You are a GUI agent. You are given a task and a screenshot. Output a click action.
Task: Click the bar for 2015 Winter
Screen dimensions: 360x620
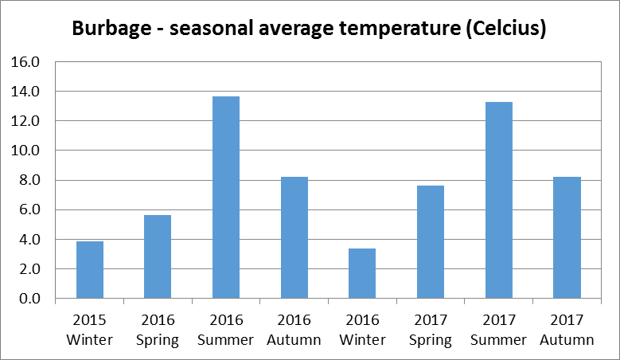click(x=89, y=270)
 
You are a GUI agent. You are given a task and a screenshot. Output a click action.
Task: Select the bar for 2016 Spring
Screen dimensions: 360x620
click(x=158, y=256)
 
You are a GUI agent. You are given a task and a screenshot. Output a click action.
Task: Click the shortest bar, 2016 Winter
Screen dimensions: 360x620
click(x=362, y=273)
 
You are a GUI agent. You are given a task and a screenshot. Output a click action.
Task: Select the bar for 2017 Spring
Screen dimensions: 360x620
click(x=431, y=242)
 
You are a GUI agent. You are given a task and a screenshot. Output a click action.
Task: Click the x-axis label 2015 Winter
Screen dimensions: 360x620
click(x=89, y=331)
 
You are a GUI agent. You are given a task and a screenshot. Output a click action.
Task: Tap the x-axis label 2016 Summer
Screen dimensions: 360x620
click(x=226, y=331)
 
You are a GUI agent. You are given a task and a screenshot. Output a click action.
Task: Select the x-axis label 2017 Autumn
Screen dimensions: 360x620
click(x=567, y=331)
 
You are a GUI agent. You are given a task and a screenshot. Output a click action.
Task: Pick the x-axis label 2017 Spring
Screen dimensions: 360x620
click(x=431, y=331)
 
